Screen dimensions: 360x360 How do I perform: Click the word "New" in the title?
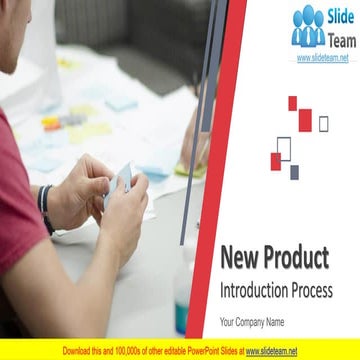point(240,259)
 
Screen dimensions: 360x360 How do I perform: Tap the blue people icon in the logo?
point(308,27)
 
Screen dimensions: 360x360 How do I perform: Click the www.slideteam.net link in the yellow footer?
point(271,351)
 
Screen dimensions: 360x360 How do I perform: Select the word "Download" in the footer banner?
point(81,351)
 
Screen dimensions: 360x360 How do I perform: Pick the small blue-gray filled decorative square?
point(295,172)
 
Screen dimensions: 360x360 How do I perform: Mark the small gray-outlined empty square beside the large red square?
point(323,123)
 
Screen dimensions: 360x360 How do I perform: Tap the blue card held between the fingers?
point(121,181)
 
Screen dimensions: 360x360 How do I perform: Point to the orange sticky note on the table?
point(51,125)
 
